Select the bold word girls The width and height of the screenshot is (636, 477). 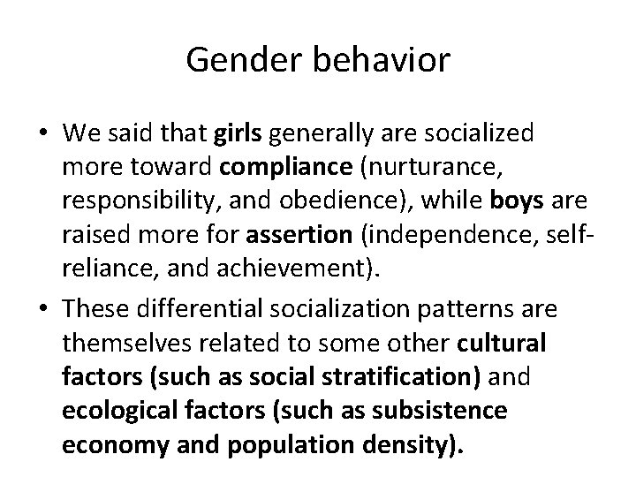click(x=237, y=133)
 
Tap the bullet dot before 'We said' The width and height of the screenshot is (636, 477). click(x=43, y=134)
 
